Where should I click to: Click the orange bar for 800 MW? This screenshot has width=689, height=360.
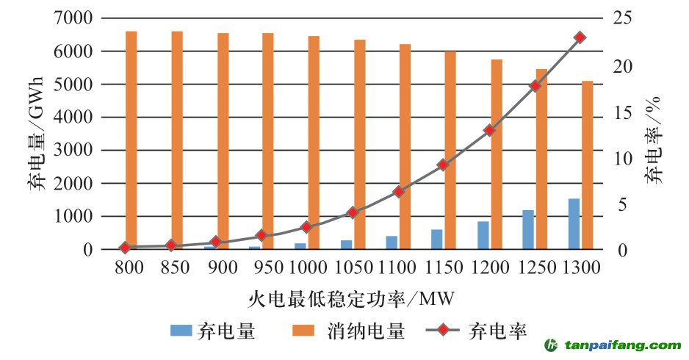point(131,140)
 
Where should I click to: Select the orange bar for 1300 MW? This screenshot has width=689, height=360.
point(588,165)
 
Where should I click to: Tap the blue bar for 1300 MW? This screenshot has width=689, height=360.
point(574,224)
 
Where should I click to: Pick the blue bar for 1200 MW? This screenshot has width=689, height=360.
point(483,235)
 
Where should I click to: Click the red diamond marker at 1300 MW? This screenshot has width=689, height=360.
point(580,37)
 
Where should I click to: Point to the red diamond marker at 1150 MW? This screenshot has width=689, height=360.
point(443,165)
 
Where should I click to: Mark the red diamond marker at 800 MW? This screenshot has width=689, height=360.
point(125,248)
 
